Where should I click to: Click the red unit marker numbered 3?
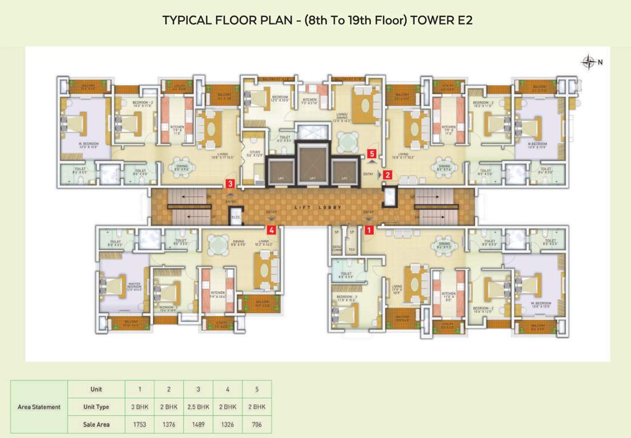coord(230,184)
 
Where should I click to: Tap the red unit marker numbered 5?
coord(372,153)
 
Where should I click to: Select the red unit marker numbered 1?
coord(369,230)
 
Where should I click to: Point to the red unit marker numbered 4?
coord(272,230)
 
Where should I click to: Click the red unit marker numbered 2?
coord(387,175)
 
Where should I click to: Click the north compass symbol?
coord(588,62)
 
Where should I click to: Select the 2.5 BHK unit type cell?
coord(199,407)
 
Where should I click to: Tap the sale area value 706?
coord(257,424)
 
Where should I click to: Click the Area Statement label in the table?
coord(39,407)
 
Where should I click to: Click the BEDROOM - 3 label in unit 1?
coord(346,298)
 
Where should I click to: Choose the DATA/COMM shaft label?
coord(337,248)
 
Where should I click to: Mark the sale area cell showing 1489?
coord(199,424)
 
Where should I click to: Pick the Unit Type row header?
coord(96,407)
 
